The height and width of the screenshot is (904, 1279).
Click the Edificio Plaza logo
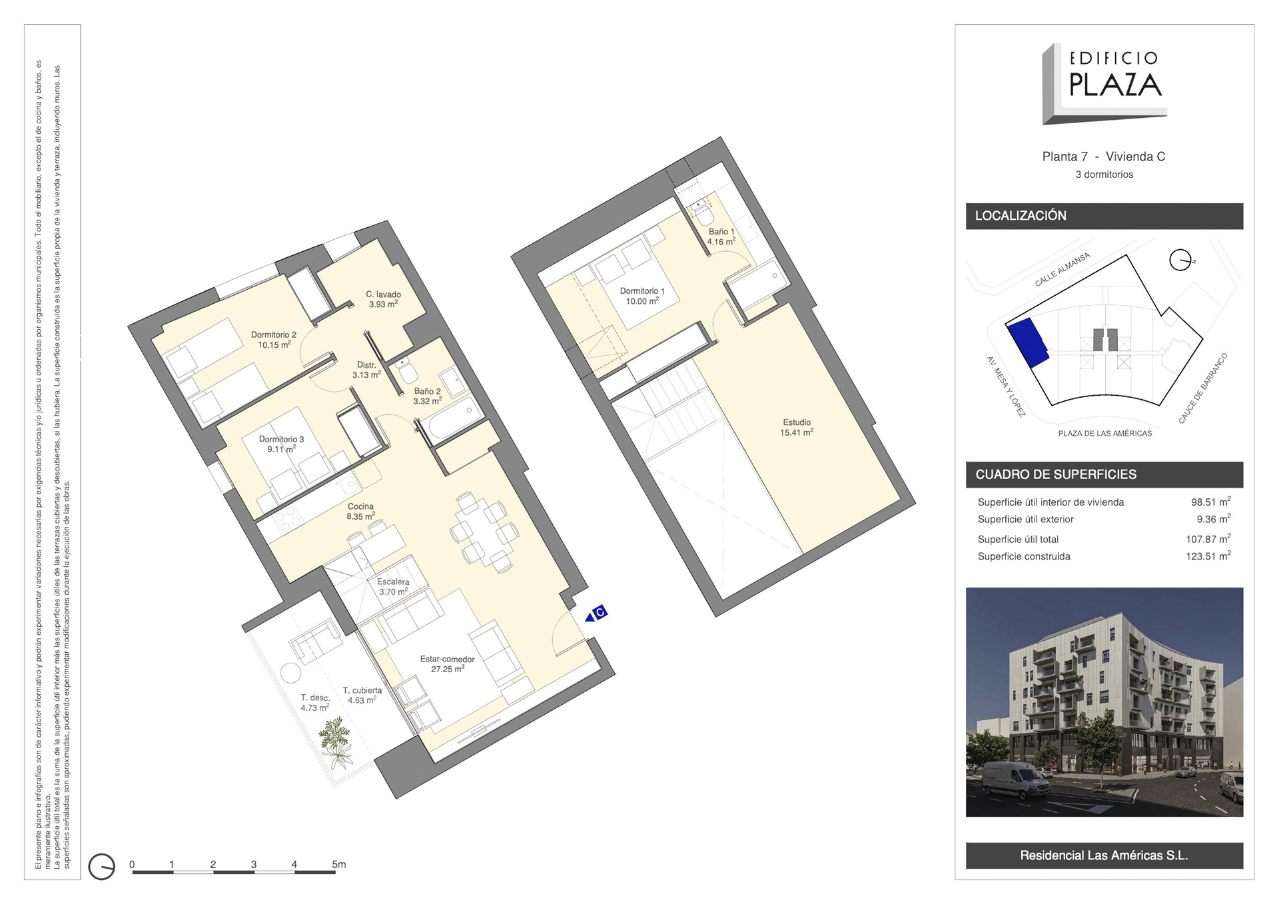pyautogui.click(x=1104, y=84)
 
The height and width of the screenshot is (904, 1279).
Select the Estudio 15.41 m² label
pyautogui.click(x=797, y=428)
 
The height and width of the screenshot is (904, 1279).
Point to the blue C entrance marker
pyautogui.click(x=596, y=614)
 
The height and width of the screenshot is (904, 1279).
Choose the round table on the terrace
pyautogui.click(x=290, y=673)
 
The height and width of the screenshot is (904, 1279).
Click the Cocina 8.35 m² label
pyautogui.click(x=360, y=512)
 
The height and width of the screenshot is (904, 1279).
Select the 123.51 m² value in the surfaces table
pyautogui.click(x=1208, y=556)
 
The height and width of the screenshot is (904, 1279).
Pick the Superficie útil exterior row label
pyautogui.click(x=1025, y=520)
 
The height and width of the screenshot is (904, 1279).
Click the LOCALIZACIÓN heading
pyautogui.click(x=1021, y=216)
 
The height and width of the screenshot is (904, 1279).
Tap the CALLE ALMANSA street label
pyautogui.click(x=1062, y=270)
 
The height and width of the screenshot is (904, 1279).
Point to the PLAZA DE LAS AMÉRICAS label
pyautogui.click(x=1104, y=434)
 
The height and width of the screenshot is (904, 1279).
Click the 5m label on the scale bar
pyautogui.click(x=339, y=864)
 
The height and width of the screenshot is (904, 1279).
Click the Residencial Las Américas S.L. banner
pyautogui.click(x=1104, y=855)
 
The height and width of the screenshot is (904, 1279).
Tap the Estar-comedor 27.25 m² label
pyautogui.click(x=447, y=664)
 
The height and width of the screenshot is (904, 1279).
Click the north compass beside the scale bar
pyautogui.click(x=101, y=867)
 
